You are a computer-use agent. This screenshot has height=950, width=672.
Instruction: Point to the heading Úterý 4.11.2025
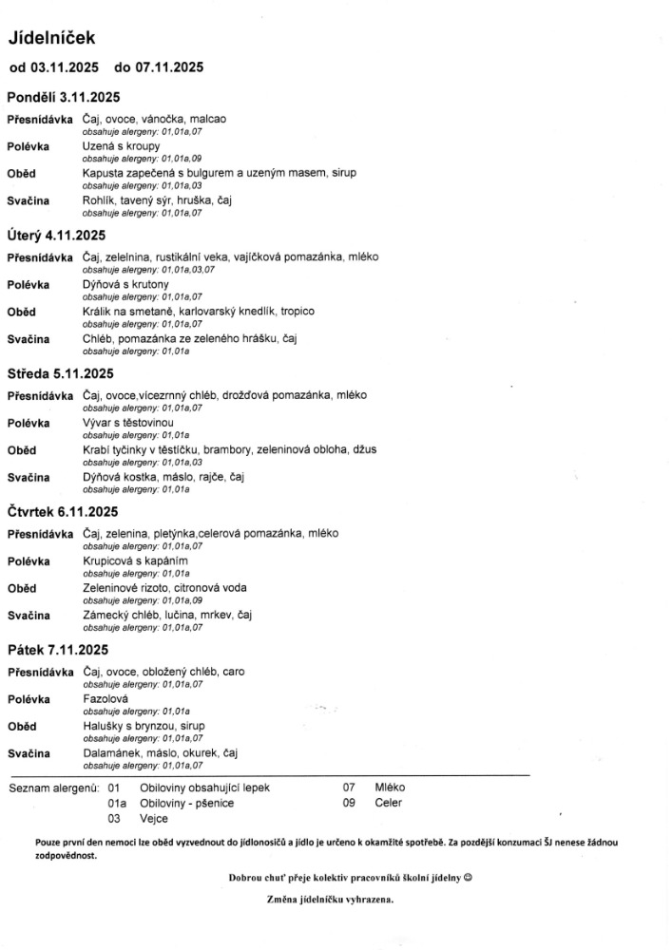pos(56,235)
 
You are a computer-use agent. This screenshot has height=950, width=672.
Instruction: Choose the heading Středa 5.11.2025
pos(60,373)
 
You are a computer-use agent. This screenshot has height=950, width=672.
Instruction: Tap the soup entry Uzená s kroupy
pos(121,146)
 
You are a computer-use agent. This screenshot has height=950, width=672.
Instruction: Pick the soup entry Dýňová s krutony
pos(125,284)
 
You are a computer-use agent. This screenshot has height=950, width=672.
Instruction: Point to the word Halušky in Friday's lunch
pos(104,726)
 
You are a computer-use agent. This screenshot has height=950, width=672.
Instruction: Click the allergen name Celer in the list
pos(389,803)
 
